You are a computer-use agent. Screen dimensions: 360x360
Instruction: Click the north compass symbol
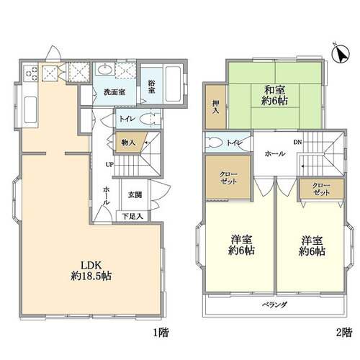point(341,54)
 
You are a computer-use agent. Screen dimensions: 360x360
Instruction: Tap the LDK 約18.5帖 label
point(91,271)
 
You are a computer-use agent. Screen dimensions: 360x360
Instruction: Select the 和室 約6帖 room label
point(274,96)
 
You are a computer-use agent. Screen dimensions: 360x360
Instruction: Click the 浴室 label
point(151,86)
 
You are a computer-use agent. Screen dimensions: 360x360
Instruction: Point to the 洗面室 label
point(114,92)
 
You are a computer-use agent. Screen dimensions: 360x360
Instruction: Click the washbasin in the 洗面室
point(105,69)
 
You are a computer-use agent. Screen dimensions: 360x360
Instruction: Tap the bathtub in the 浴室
point(173,84)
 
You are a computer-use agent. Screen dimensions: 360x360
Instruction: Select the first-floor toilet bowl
point(149,119)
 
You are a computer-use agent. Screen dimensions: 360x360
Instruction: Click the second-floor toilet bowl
point(215,143)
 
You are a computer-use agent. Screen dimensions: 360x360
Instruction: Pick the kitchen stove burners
point(31,72)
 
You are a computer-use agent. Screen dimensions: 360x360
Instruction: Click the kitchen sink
point(30,110)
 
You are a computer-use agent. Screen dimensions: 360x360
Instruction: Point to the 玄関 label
point(135,194)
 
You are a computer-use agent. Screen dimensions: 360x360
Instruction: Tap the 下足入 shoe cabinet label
point(132,216)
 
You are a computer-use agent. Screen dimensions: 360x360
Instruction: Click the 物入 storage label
point(128,143)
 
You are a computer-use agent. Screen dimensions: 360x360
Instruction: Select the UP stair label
point(109,165)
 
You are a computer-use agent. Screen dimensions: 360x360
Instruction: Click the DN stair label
point(297,142)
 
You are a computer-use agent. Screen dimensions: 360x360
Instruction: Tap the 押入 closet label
point(215,107)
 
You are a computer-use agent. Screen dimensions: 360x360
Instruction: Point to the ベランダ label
point(274,305)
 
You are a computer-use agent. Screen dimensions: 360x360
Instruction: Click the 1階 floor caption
point(161,333)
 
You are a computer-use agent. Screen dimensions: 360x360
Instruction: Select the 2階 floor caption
point(344,333)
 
